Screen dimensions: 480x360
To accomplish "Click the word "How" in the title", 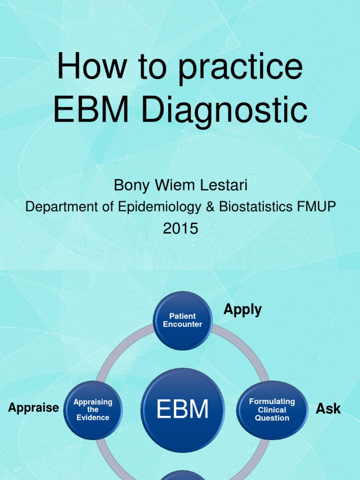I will (x=90, y=67).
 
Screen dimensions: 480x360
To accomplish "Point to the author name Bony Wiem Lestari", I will (x=180, y=186).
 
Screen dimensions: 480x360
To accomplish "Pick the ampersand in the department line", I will (x=211, y=207).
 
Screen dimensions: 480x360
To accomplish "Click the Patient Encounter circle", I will (x=183, y=321).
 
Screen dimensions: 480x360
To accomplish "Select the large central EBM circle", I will (x=183, y=410).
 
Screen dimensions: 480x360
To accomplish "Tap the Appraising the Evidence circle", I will (x=93, y=410).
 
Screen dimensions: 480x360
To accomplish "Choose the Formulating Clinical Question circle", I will (x=272, y=410).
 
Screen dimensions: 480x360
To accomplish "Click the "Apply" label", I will (x=242, y=309).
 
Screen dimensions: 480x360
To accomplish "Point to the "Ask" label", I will (x=328, y=409).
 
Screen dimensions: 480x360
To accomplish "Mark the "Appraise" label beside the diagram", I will (x=34, y=408).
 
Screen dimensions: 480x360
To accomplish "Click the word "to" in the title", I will (x=149, y=67).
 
